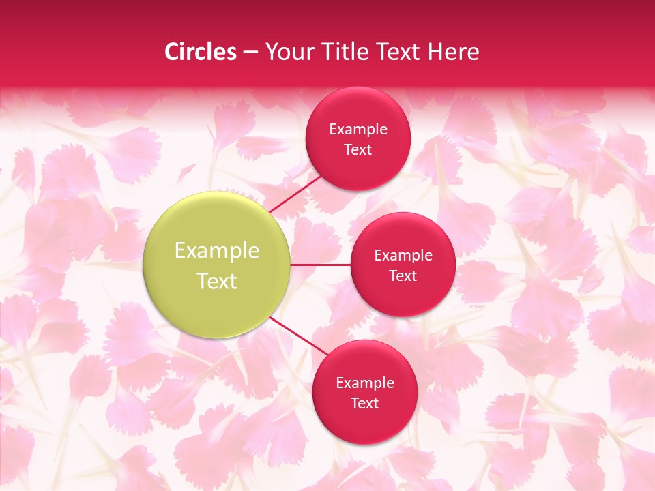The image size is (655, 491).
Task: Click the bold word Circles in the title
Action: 200,52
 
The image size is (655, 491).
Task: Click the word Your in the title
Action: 289,52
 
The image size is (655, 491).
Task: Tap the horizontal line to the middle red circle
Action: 321,265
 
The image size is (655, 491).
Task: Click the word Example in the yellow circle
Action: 216,251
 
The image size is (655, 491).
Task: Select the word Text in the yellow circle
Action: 216,281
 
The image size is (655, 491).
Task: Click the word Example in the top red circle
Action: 358,129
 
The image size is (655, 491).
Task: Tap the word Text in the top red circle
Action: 358,149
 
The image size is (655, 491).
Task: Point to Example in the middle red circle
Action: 403,255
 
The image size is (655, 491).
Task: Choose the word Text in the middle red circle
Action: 403,276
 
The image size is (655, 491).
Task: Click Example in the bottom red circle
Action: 364,383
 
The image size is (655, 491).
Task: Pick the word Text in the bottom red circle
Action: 364,403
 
